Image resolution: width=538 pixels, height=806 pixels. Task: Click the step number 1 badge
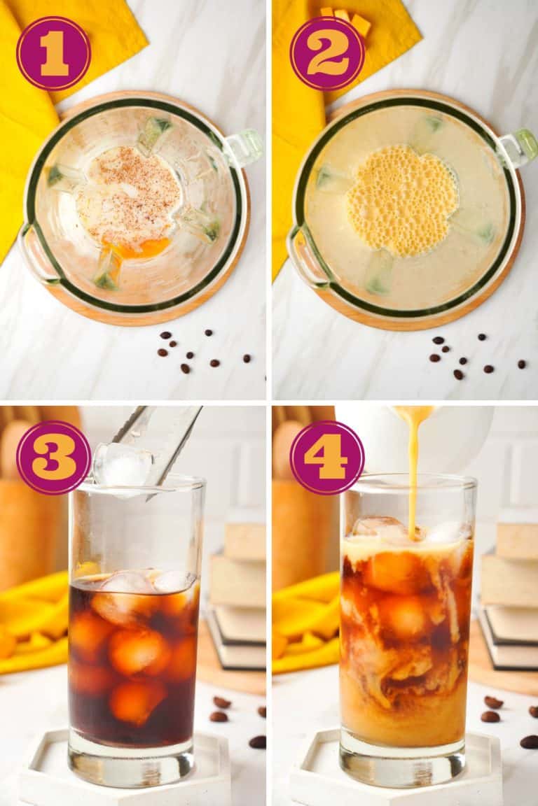(x=53, y=53)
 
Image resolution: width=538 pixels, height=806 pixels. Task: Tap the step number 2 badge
(x=326, y=53)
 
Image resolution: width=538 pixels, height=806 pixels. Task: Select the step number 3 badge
(x=53, y=458)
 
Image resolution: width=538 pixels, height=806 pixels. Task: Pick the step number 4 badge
(x=326, y=458)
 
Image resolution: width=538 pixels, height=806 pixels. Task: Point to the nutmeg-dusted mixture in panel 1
(x=130, y=196)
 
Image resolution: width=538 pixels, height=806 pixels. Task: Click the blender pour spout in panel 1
(x=244, y=147)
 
